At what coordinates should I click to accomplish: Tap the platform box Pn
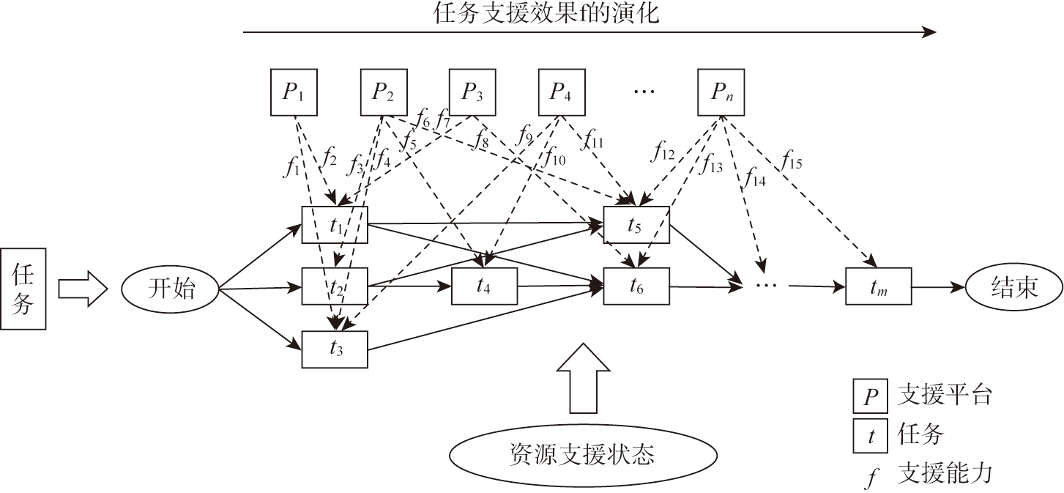click(x=723, y=92)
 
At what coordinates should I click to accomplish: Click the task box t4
click(x=484, y=286)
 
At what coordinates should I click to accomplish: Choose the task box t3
click(x=335, y=349)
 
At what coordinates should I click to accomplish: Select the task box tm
click(x=878, y=286)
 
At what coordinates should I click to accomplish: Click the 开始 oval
click(x=171, y=288)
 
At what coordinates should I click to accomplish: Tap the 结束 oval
click(x=1014, y=286)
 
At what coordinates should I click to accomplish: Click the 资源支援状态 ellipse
click(x=582, y=454)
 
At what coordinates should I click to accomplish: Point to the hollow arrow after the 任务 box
click(x=83, y=287)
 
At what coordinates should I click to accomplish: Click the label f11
click(x=593, y=139)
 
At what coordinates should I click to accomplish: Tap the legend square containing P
click(x=871, y=396)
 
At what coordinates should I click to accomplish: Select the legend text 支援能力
click(x=944, y=473)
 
